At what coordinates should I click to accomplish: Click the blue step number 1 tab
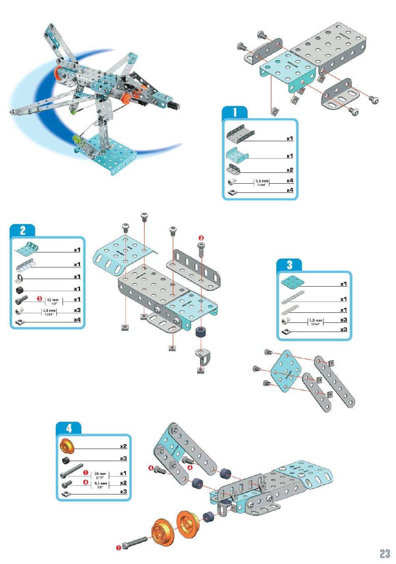point(235,112)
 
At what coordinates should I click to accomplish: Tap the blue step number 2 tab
point(23,230)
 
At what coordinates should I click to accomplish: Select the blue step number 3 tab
point(289,265)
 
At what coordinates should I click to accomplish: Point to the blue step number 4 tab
point(69,428)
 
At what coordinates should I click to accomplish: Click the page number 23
point(384,554)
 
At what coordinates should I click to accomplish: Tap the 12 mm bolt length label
point(52,300)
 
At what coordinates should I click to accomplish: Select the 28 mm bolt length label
point(100,474)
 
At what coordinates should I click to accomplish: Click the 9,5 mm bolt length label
point(100,484)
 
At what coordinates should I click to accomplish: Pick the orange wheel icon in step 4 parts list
point(67,446)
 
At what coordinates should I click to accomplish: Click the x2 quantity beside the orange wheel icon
point(123,446)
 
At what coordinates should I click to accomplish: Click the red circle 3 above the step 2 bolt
point(201,237)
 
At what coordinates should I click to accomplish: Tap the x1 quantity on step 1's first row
point(290,138)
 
